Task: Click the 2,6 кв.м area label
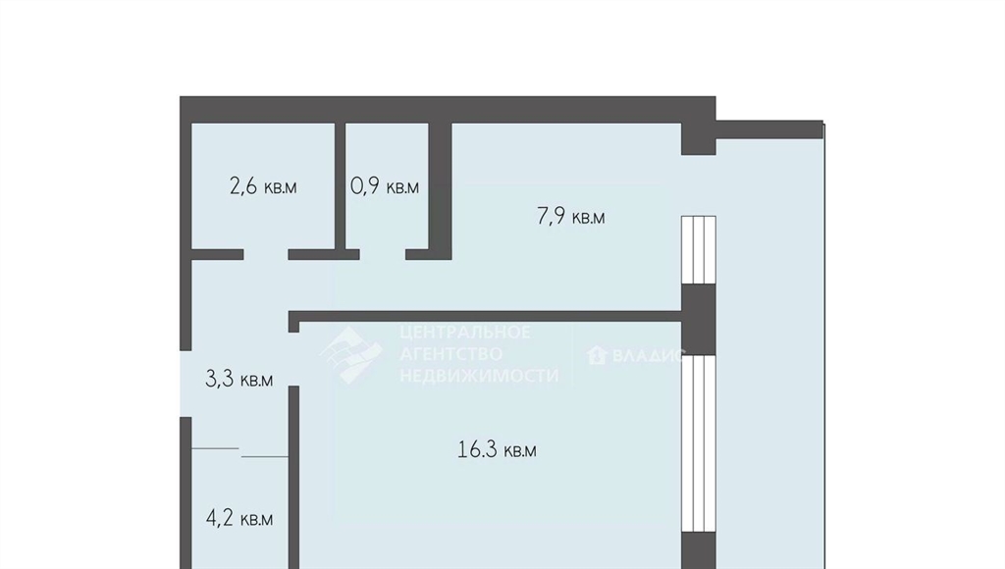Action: point(263,186)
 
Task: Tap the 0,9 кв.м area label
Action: point(385,186)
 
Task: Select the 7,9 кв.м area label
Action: point(570,217)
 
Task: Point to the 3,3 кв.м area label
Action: point(238,380)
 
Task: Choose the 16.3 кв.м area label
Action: point(497,450)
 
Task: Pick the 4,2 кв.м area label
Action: point(239,518)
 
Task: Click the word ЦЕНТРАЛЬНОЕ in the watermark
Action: point(465,332)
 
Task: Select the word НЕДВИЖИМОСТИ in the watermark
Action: point(479,376)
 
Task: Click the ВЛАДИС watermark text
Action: point(649,355)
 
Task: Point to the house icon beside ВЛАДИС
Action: point(597,354)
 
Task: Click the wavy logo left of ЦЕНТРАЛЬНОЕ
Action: point(350,354)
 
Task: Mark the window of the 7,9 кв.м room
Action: point(698,250)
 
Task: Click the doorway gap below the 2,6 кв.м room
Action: point(265,254)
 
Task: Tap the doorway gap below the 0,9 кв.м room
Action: point(382,254)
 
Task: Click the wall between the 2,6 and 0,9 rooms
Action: point(341,185)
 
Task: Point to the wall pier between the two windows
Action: point(698,319)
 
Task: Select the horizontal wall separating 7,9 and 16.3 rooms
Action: point(485,316)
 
